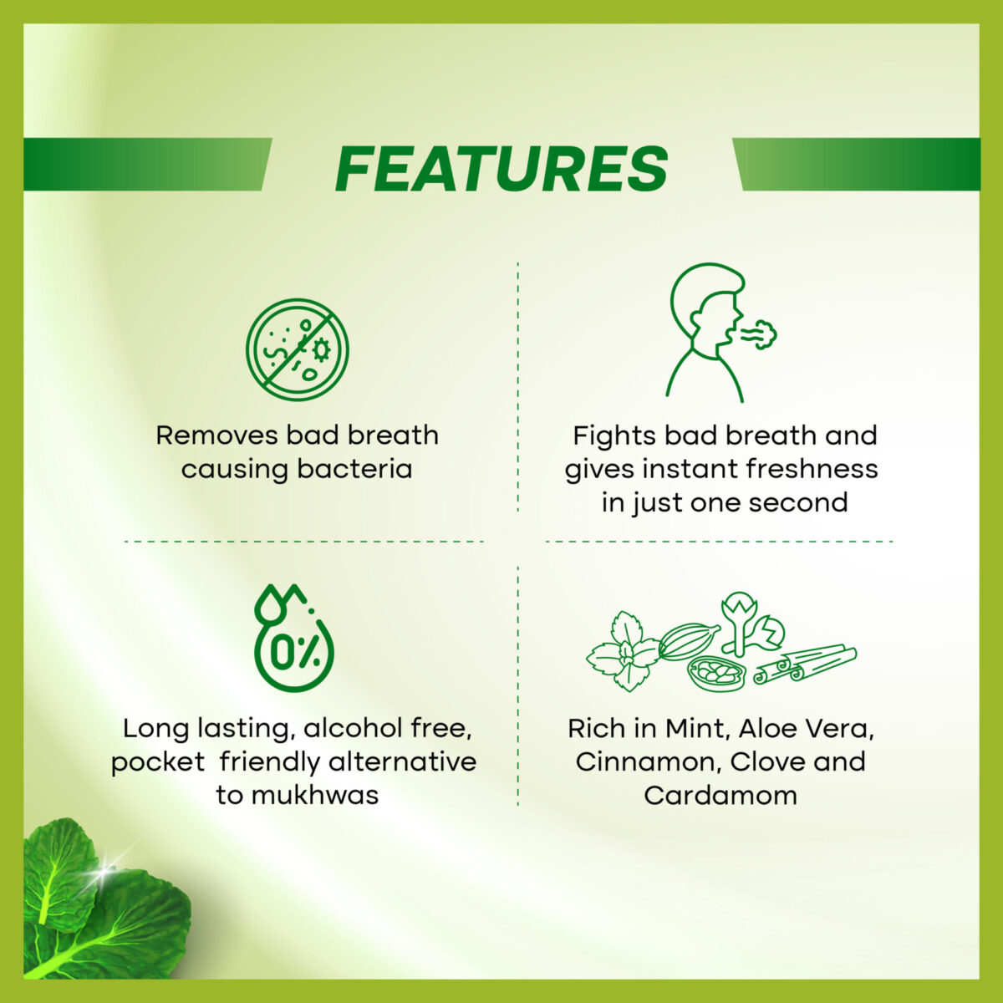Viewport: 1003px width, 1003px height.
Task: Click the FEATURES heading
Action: (x=501, y=169)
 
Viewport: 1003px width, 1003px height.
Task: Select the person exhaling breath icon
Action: (x=720, y=332)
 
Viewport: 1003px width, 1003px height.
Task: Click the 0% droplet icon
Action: (x=293, y=639)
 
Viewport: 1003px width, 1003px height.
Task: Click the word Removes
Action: (x=217, y=435)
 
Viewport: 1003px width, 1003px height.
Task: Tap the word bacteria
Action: (x=354, y=469)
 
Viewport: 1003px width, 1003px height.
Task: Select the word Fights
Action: (x=614, y=436)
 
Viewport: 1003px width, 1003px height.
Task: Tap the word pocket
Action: (x=158, y=763)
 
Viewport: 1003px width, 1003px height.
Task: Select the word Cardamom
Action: (x=720, y=796)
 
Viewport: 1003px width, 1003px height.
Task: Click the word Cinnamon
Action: (x=648, y=763)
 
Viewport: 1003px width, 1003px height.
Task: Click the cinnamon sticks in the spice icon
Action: (x=805, y=663)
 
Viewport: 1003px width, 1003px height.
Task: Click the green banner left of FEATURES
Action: (x=147, y=165)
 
